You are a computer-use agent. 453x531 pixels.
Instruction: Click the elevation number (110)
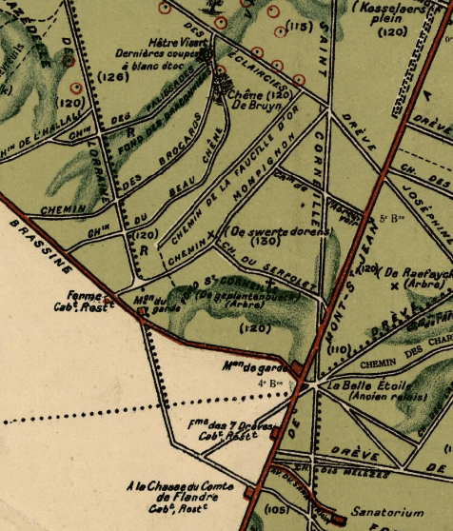click(x=335, y=351)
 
